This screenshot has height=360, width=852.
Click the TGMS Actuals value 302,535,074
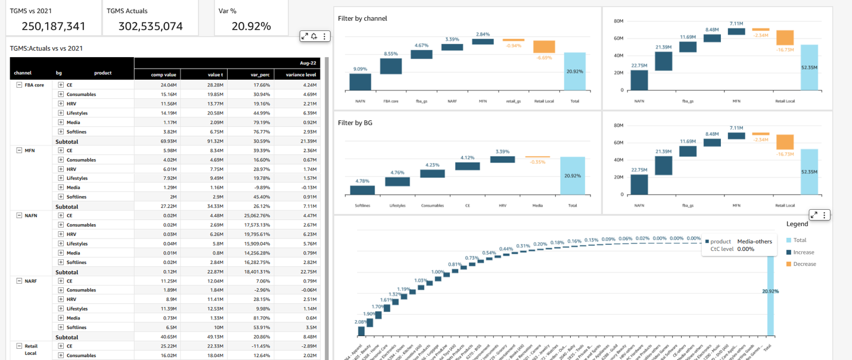[x=150, y=26]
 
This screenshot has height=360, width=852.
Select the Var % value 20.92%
[x=251, y=26]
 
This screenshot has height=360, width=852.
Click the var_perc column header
[x=259, y=74]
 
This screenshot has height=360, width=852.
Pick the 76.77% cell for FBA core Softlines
[x=260, y=132]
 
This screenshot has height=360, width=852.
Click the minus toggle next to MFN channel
[x=19, y=150]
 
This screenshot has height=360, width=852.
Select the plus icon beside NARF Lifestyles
[x=61, y=309]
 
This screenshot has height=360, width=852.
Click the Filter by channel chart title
[x=362, y=18]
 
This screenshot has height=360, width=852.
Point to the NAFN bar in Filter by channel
[x=360, y=82]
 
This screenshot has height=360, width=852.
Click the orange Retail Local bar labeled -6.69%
[x=544, y=46]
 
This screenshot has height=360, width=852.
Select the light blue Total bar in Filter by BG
[x=573, y=176]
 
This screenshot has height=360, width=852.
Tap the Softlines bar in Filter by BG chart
[x=362, y=190]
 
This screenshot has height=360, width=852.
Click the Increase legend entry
[x=804, y=252]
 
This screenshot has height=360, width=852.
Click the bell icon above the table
[x=314, y=36]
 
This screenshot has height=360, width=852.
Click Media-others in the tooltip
[x=754, y=241]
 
